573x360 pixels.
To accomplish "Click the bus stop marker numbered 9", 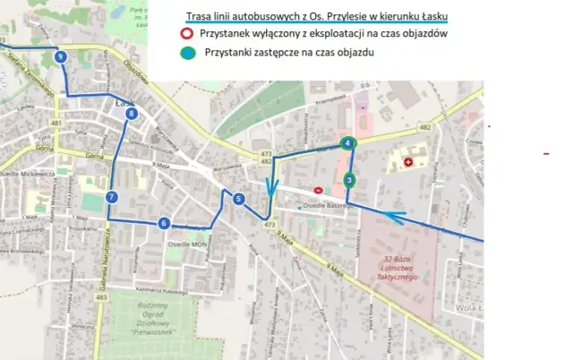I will coord(60,57).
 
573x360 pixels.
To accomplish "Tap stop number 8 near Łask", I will coord(133,114).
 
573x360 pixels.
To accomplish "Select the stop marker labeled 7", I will coord(111,197).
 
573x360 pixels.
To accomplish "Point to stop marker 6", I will coord(164,223).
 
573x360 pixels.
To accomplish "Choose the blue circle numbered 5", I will coord(239,199).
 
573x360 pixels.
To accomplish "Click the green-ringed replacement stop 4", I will coord(348,143).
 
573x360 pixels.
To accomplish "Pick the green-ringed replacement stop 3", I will coord(348,181).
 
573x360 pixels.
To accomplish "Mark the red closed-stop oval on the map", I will coord(319,190).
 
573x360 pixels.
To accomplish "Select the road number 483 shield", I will coord(101,296).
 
